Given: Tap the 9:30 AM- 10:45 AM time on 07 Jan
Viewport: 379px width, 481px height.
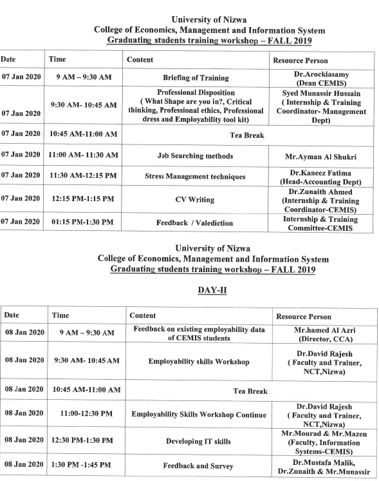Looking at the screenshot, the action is pyautogui.click(x=84, y=104).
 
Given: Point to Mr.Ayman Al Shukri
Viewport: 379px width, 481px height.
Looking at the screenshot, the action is pyautogui.click(x=320, y=156).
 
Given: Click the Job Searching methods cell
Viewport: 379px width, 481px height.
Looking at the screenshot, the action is pyautogui.click(x=195, y=156).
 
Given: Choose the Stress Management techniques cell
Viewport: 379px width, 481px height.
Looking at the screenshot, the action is pyautogui.click(x=195, y=177).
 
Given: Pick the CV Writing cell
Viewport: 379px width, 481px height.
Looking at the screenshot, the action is pyautogui.click(x=195, y=200).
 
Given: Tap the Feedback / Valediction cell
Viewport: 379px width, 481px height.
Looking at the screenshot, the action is pyautogui.click(x=195, y=223).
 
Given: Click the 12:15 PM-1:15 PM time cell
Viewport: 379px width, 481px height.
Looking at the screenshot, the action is pyautogui.click(x=84, y=200).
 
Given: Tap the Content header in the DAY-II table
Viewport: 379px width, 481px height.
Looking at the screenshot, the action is pyautogui.click(x=143, y=316).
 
